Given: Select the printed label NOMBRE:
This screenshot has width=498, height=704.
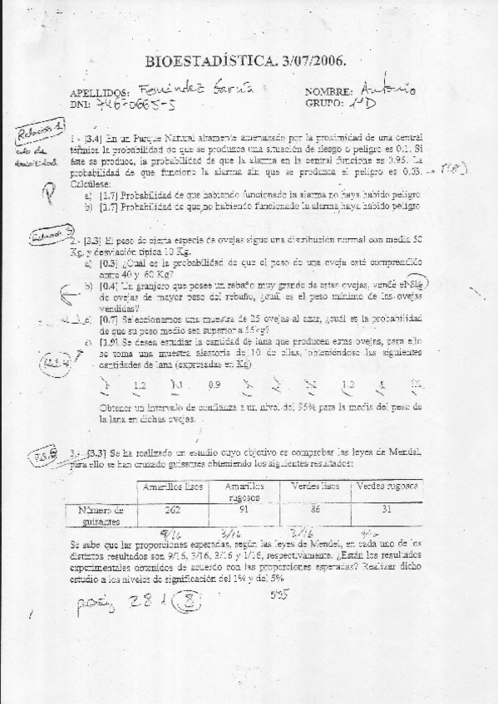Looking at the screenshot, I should tap(331, 91).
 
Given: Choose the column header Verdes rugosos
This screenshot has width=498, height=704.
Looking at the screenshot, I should tap(387, 486).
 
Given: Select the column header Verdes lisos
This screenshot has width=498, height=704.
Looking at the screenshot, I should tap(314, 486).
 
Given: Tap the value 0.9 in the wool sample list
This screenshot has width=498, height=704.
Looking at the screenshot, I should tap(214, 384).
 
